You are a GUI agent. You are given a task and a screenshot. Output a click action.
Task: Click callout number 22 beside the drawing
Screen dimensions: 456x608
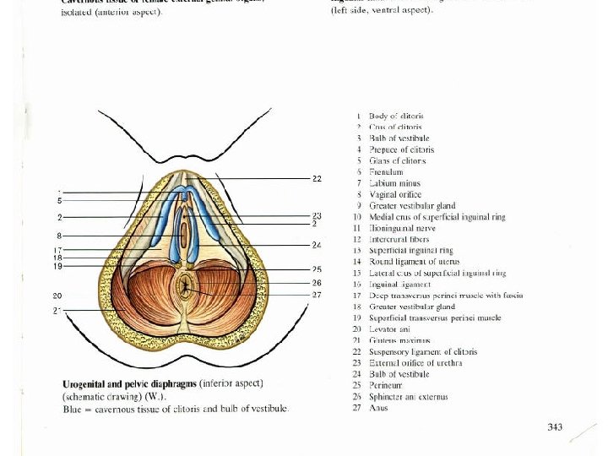pos(317,179)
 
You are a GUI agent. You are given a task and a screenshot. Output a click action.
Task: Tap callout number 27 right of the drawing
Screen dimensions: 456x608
pos(317,295)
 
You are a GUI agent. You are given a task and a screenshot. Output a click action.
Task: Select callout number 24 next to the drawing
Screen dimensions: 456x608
pos(317,245)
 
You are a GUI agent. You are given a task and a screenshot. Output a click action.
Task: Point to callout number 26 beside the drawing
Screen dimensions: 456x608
pos(317,282)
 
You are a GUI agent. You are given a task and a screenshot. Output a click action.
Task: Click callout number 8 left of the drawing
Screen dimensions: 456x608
pos(58,235)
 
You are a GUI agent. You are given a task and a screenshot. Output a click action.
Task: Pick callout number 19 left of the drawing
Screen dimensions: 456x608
pos(57,266)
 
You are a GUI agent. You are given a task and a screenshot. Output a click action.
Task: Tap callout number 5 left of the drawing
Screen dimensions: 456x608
pos(59,200)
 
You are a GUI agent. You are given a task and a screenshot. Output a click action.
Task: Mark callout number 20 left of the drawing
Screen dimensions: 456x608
pos(57,296)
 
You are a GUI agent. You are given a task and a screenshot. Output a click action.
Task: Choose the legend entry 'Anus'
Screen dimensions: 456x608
pos(378,408)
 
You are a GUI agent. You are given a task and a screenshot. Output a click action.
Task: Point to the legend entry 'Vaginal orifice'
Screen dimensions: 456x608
pos(395,194)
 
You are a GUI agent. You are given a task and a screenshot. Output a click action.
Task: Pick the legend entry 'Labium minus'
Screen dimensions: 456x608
pos(394,182)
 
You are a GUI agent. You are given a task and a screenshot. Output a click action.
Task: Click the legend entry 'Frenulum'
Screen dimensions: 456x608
pos(386,171)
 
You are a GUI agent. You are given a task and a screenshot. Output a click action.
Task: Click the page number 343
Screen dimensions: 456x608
pos(554,427)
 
